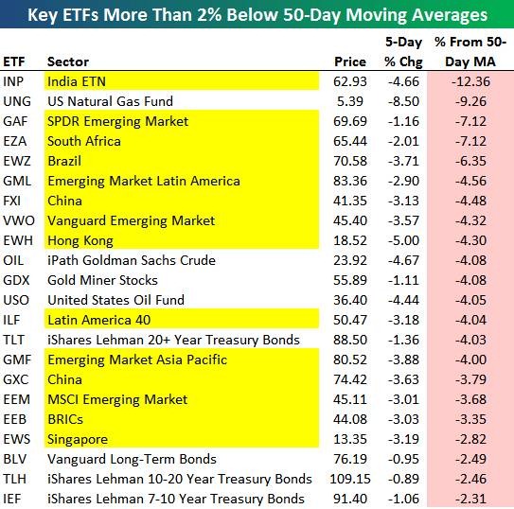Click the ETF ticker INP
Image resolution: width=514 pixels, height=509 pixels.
pyautogui.click(x=13, y=81)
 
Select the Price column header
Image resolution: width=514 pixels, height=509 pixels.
pyautogui.click(x=350, y=61)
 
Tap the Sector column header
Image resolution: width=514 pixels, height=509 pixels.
pyautogui.click(x=68, y=61)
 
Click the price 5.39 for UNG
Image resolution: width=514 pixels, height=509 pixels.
pyautogui.click(x=350, y=101)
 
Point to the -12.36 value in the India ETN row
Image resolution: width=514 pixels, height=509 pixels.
pyautogui.click(x=470, y=81)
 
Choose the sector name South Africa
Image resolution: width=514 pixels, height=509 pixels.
pyautogui.click(x=84, y=141)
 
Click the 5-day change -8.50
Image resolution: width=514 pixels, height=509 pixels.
pyautogui.click(x=403, y=101)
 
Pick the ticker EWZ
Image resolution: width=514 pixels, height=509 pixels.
pyautogui.click(x=17, y=161)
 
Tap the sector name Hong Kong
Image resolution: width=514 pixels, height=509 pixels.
pyautogui.click(x=80, y=240)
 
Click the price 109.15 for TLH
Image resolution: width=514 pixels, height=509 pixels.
pyautogui.click(x=350, y=479)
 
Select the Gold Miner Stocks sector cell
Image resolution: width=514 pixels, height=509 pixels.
pyautogui.click(x=102, y=280)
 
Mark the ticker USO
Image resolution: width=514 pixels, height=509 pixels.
pyautogui.click(x=16, y=300)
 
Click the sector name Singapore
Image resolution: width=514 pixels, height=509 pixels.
pyautogui.click(x=78, y=440)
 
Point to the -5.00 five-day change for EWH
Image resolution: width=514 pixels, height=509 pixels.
pyautogui.click(x=403, y=240)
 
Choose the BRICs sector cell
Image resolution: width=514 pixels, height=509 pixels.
pyautogui.click(x=65, y=419)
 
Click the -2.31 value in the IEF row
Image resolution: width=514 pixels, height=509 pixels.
pyautogui.click(x=470, y=499)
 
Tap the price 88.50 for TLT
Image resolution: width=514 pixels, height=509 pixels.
pyautogui.click(x=350, y=340)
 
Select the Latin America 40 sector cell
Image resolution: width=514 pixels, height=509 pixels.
pyautogui.click(x=99, y=320)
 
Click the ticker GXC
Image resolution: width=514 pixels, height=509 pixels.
pyautogui.click(x=16, y=379)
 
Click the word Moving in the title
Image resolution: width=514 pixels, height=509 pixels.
pyautogui.click(x=377, y=15)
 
